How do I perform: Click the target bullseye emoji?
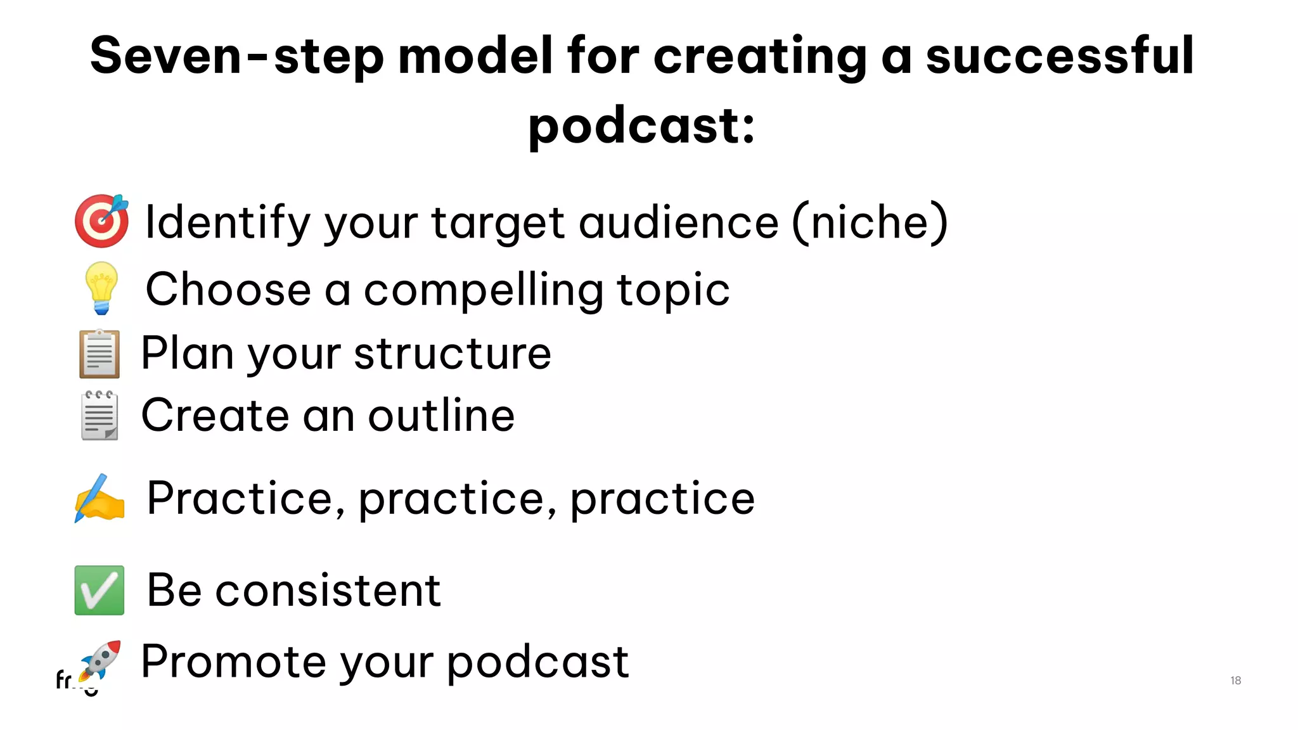pyautogui.click(x=101, y=221)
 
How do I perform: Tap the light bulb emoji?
pyautogui.click(x=101, y=288)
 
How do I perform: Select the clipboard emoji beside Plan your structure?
pyautogui.click(x=100, y=354)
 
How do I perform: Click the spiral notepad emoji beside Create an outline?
pyautogui.click(x=100, y=416)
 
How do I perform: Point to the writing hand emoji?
pyautogui.click(x=100, y=498)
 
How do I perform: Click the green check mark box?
pyautogui.click(x=100, y=590)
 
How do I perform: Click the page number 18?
pyautogui.click(x=1235, y=681)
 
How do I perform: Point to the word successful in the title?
pyautogui.click(x=1060, y=56)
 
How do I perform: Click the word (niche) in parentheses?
pyautogui.click(x=870, y=222)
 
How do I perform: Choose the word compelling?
pyautogui.click(x=483, y=290)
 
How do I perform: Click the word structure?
pyautogui.click(x=453, y=354)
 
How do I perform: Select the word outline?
pyautogui.click(x=441, y=416)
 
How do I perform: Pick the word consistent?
pyautogui.click(x=328, y=590)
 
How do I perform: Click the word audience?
pyautogui.click(x=678, y=222)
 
